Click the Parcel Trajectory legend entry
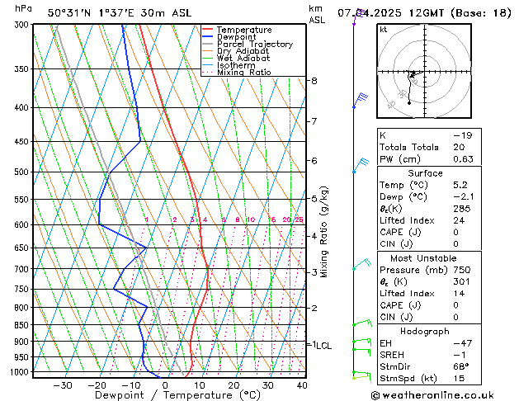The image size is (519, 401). coord(254,44)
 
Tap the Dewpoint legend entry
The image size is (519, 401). coord(238,37)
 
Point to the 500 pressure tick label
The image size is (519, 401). coord(21,172)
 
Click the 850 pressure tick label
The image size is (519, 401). coord(21,325)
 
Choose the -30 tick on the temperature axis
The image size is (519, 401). coord(63,384)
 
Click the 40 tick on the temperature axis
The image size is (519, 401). coord(302,384)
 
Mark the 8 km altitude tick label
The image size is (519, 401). coord(314,81)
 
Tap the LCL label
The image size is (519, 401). coord(323,346)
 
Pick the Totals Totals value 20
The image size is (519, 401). coord(459,148)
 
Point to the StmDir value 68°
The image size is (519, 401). coord(462,366)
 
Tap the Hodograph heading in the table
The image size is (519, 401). coord(424,331)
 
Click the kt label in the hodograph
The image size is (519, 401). coord(383,29)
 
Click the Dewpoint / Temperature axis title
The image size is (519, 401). coord(166,395)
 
